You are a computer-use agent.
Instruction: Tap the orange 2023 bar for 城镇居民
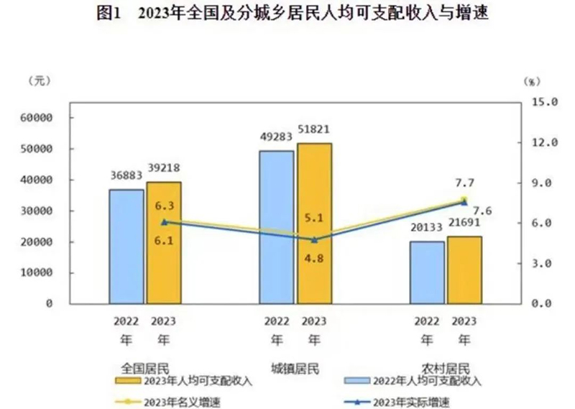tap(315, 223)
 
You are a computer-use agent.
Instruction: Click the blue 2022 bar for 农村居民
tap(427, 272)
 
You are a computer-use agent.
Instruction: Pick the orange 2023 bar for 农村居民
tap(464, 270)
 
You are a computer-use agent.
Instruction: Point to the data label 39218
tap(164, 169)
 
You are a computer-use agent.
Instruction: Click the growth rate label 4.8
tap(314, 253)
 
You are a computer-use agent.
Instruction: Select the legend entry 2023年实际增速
tap(411, 402)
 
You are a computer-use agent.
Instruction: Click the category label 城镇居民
tap(295, 369)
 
